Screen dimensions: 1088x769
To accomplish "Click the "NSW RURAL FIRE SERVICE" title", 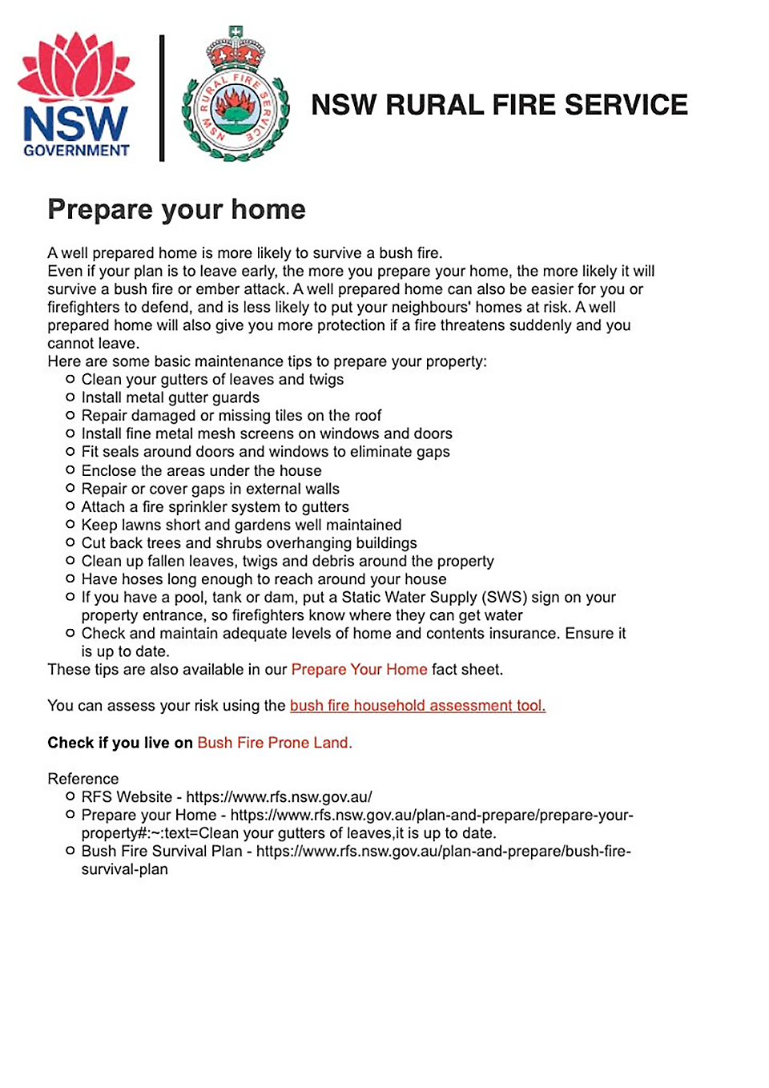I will pos(499,105).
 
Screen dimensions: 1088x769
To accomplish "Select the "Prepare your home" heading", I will pos(176,209).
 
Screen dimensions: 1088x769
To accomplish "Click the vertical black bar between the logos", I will pos(162,98).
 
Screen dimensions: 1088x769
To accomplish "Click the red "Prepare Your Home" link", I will pos(359,670).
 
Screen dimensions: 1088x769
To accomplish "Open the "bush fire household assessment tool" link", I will pos(417,706).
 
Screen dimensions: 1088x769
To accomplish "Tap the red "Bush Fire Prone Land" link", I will pos(274,743).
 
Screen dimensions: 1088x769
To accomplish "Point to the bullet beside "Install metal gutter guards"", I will pos(70,397).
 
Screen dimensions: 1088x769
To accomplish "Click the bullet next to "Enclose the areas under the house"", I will pos(70,470).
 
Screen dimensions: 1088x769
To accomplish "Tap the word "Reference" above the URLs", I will pos(83,779).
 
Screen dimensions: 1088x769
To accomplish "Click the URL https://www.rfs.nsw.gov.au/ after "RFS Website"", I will pos(279,797).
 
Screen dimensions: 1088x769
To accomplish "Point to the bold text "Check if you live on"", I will pos(120,743).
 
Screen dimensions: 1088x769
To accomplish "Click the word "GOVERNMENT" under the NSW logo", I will pos(76,151).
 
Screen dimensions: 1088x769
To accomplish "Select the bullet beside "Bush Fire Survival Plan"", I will pos(70,851).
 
